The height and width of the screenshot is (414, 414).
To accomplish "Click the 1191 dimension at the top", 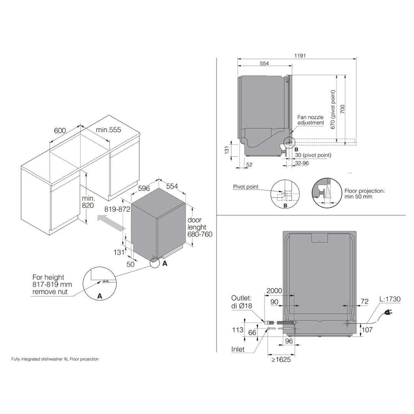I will [300, 56].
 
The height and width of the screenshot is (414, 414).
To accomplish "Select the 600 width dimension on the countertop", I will [60, 130].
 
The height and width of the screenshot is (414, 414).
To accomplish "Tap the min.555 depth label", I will [108, 130].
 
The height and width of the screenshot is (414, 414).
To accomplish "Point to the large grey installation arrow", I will [111, 223].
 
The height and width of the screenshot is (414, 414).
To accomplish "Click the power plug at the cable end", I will [388, 312].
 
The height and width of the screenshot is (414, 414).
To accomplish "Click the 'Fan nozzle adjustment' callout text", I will [310, 120].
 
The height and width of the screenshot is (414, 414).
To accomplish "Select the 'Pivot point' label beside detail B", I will [246, 187].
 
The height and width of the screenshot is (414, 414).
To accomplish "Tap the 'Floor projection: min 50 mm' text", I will [364, 194].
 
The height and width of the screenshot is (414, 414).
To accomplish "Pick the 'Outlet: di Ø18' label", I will [242, 302].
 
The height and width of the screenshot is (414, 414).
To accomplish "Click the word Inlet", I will [238, 349].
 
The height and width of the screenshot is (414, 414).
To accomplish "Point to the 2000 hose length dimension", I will [274, 291].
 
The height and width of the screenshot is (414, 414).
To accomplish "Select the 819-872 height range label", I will [117, 209].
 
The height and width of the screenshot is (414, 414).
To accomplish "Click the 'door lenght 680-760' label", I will [199, 227].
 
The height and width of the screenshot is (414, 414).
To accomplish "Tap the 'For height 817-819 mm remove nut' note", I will [52, 284].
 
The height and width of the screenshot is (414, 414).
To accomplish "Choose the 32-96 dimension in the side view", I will [302, 163].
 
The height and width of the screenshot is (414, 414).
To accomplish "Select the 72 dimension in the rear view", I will [365, 302].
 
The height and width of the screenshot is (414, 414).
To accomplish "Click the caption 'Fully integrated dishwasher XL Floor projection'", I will [55, 359].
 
